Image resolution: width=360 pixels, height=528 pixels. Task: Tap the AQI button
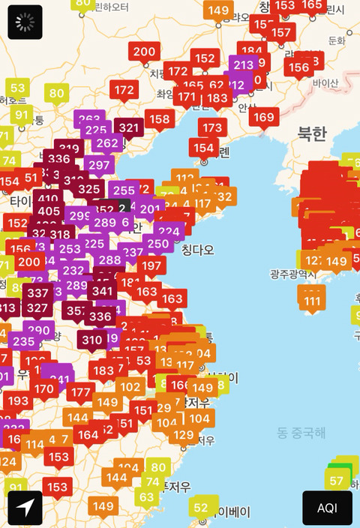(327, 508)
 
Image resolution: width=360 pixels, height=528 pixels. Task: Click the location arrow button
(25, 508)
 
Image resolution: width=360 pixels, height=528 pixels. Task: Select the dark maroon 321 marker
(128, 127)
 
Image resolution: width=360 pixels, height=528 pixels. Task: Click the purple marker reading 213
(243, 65)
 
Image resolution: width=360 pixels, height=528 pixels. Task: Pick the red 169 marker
(263, 117)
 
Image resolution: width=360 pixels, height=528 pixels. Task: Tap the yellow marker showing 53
(18, 88)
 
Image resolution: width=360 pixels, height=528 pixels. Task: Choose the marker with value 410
(49, 199)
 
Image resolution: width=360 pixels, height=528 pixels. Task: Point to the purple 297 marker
(99, 165)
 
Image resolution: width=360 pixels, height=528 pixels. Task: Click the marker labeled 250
(158, 243)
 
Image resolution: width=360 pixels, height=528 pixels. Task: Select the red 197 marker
(151, 265)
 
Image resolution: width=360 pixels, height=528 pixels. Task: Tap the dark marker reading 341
(102, 291)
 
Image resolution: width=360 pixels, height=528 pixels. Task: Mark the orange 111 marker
(312, 301)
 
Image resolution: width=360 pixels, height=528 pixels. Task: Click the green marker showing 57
(337, 481)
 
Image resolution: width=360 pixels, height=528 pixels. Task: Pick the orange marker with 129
(184, 435)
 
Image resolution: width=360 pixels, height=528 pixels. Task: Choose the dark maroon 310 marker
(92, 340)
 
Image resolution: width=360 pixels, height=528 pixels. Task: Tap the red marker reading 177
(79, 392)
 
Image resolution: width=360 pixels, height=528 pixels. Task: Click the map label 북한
(312, 133)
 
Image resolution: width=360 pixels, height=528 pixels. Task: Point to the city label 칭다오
(197, 249)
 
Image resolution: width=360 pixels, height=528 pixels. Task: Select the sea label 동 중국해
(301, 432)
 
